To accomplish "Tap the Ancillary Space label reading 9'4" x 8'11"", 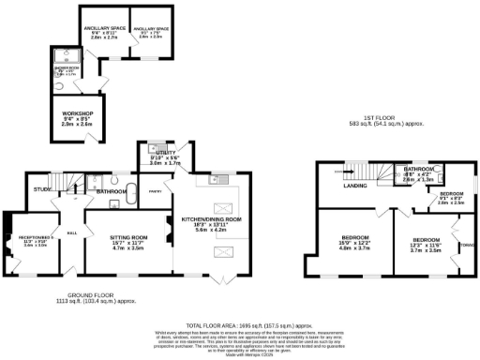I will point(103,30).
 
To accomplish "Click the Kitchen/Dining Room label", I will point(217,218).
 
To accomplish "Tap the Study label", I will point(41,189).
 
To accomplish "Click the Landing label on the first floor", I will point(355,185).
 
